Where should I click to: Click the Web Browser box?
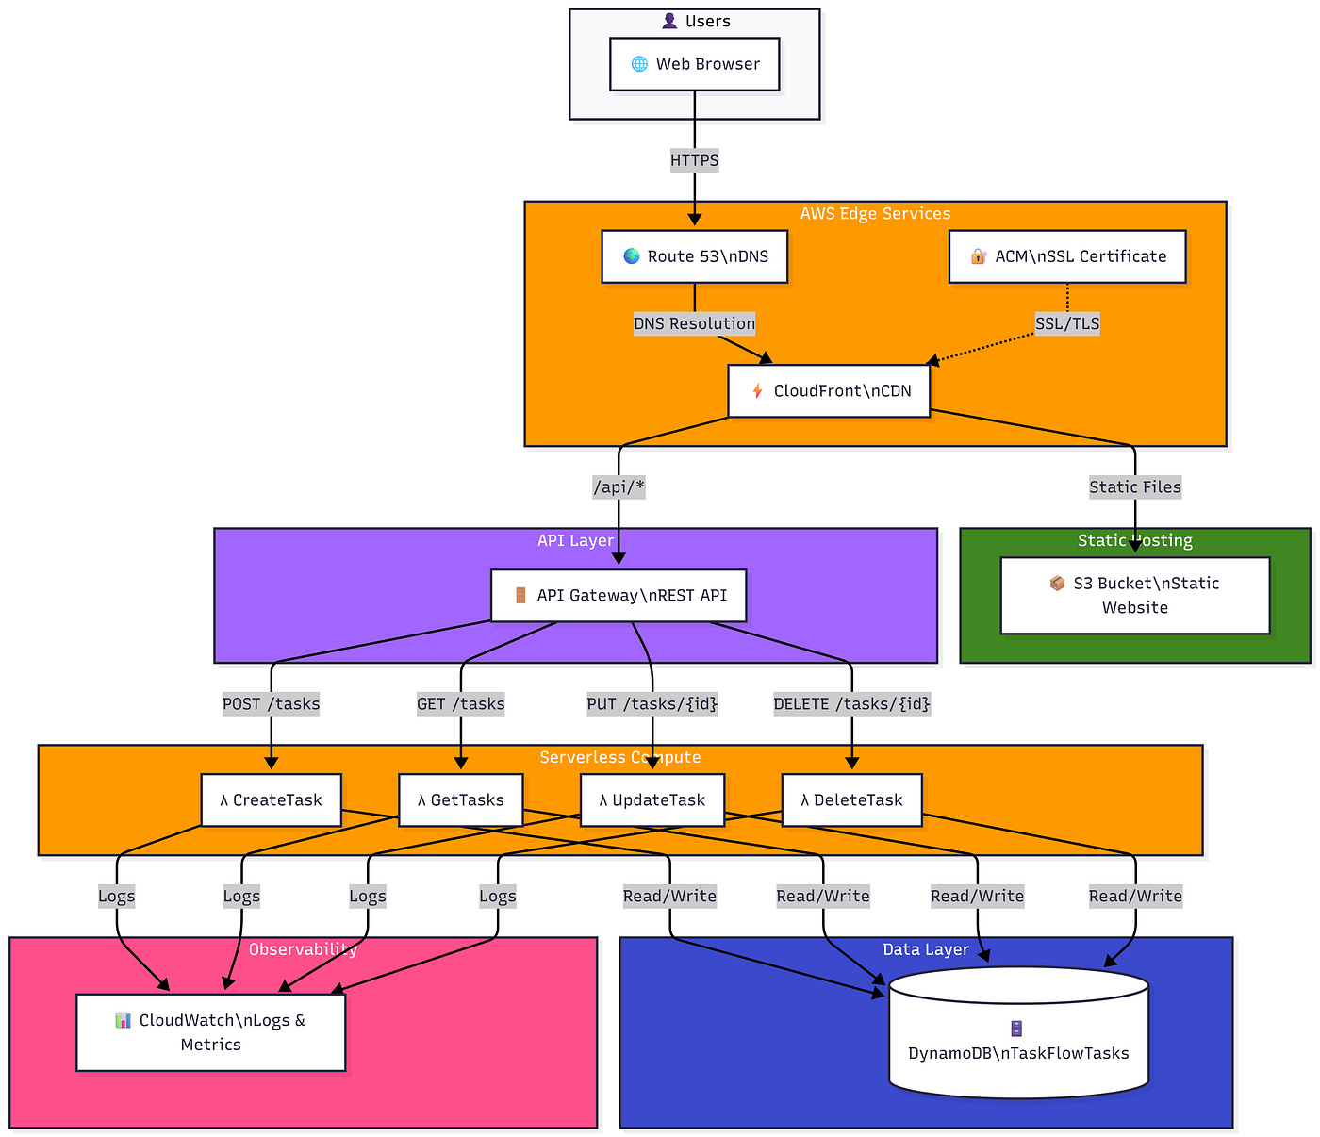694,64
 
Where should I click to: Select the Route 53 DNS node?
694,256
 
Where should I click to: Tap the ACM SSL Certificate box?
1066,256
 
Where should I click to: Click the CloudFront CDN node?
828,390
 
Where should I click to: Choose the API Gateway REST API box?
618,595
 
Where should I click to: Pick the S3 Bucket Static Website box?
1134,595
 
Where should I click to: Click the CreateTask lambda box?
271,799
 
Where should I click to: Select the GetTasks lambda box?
460,799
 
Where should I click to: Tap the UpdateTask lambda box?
652,799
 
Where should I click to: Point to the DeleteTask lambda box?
851,799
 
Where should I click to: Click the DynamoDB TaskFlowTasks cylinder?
1018,1032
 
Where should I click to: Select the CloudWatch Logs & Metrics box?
211,1031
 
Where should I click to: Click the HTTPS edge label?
694,159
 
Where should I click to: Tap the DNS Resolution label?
694,323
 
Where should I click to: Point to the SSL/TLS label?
1067,323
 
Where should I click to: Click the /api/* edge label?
619,487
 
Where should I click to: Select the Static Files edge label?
1135,487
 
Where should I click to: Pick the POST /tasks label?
271,703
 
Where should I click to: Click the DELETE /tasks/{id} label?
851,703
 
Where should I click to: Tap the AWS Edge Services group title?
875,213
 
